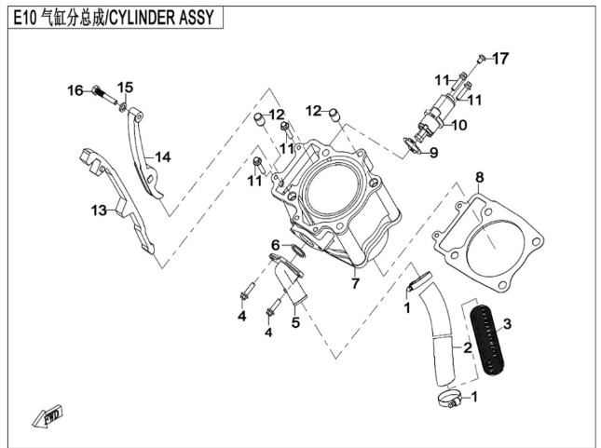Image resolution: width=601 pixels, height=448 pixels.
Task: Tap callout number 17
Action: [501, 59]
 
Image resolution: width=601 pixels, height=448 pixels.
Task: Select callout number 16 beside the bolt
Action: [75, 89]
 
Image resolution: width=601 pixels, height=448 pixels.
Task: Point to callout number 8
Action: [479, 177]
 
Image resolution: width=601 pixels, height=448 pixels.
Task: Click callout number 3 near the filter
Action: [507, 324]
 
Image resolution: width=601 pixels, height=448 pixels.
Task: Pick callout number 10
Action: [459, 125]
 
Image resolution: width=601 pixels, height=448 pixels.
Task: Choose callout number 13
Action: [99, 210]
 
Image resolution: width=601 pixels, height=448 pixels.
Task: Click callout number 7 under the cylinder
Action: [354, 282]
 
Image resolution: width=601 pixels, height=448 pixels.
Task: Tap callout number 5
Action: [294, 322]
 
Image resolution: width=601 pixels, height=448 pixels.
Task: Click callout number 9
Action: [433, 152]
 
